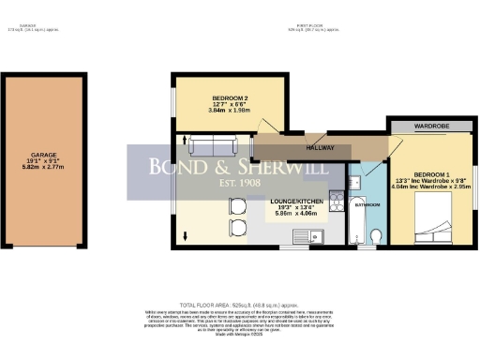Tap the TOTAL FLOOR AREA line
pos(239,306)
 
